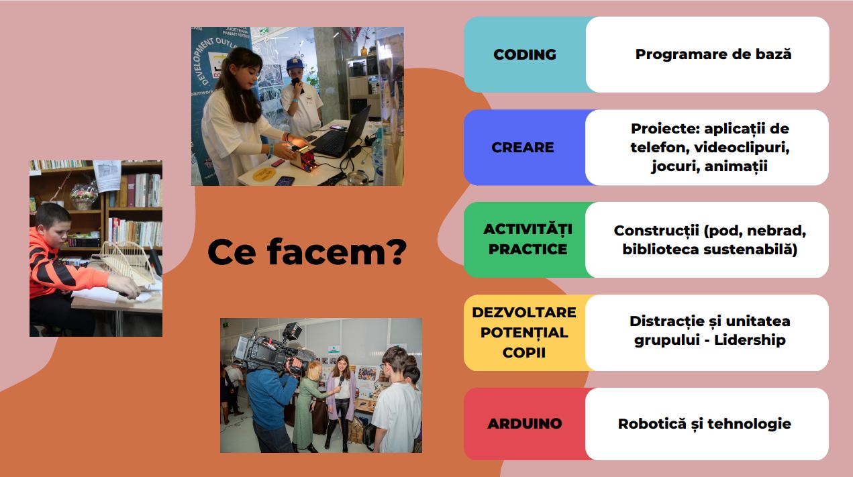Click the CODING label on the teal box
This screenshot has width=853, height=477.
tap(525, 54)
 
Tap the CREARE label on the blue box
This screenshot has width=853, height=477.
tap(522, 148)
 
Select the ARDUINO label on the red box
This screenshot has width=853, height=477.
tap(525, 424)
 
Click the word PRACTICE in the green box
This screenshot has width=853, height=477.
tap(528, 250)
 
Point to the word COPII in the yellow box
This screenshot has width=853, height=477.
tap(524, 352)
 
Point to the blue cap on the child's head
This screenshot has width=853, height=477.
tap(295, 64)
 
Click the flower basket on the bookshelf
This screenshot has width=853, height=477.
tap(84, 195)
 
